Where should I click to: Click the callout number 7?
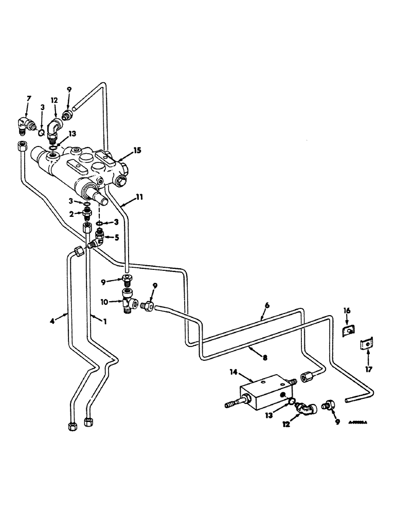pos(28,99)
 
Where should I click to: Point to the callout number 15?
pos(136,151)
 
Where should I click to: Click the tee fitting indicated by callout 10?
pos(128,302)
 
